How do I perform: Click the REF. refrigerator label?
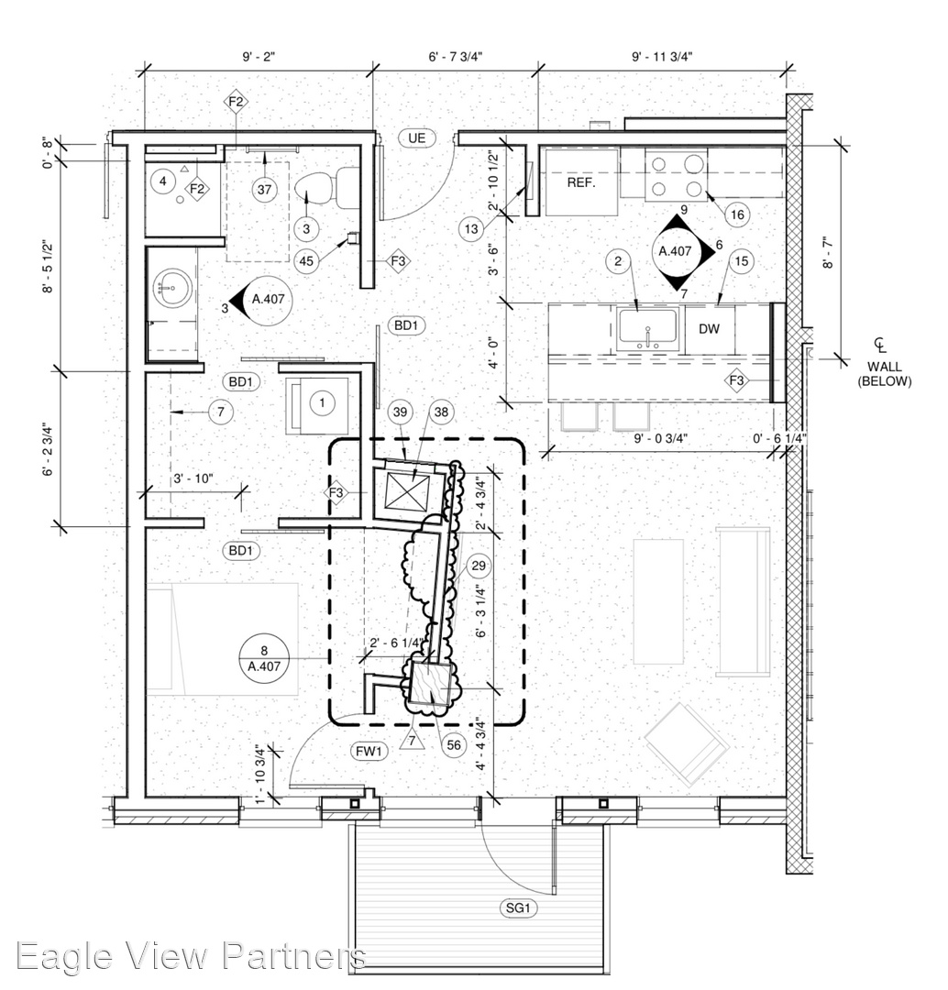point(580,182)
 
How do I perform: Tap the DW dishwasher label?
point(710,329)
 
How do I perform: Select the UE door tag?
point(417,138)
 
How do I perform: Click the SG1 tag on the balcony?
point(518,907)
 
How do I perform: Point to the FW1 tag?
point(369,751)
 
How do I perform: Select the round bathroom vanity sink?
point(171,288)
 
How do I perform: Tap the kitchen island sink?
point(647,328)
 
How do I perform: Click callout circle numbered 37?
point(265,190)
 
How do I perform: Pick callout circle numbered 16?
point(737,214)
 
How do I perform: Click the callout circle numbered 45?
point(306,260)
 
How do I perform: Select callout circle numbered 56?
point(454,745)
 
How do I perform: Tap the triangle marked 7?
point(412,741)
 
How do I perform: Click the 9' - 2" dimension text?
point(259,57)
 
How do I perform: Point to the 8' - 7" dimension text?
point(828,253)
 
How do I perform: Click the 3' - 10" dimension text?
point(193,478)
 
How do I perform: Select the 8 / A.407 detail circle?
point(264,658)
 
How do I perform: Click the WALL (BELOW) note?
point(884,374)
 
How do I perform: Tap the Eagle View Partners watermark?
point(191,956)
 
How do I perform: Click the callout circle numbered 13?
point(471,228)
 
